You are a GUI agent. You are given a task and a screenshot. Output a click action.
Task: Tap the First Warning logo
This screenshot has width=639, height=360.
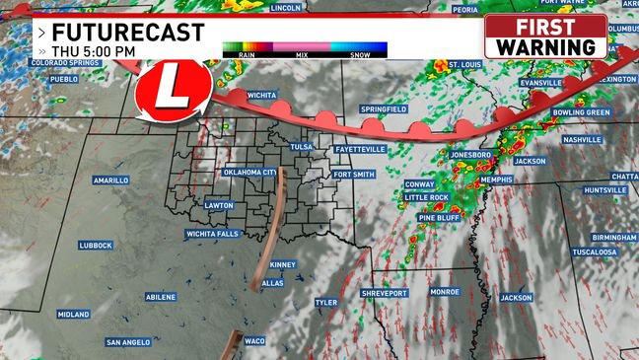click(x=545, y=36)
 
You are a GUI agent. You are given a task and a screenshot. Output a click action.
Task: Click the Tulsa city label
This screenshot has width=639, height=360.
click(x=301, y=147)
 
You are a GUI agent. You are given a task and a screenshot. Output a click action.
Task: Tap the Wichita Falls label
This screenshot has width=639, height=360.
click(x=212, y=234)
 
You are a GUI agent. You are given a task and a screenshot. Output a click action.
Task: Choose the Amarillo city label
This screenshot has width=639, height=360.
click(x=110, y=180)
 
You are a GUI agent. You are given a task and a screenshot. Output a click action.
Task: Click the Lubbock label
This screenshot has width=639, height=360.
click(x=96, y=245)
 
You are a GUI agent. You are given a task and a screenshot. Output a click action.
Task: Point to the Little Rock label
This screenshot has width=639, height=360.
click(x=426, y=197)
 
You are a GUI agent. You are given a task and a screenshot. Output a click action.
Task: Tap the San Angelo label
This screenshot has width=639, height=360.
click(x=128, y=342)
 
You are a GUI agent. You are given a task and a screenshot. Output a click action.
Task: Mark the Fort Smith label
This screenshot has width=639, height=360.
click(x=354, y=175)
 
